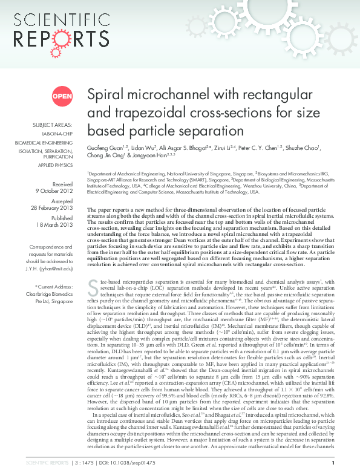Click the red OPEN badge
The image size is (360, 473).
pyautogui.click(x=62, y=96)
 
